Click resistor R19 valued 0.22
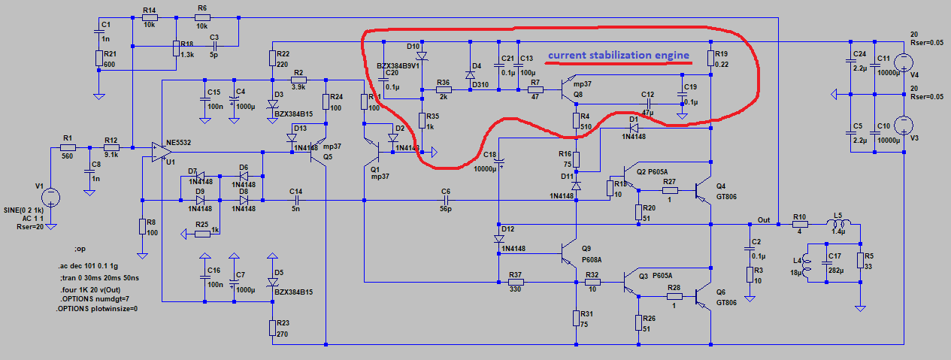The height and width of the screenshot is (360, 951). (710, 59)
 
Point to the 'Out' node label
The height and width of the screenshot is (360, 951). (764, 219)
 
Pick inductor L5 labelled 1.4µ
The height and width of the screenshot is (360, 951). (840, 224)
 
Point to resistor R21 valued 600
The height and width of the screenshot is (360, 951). (98, 59)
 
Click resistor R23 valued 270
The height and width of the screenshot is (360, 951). (271, 327)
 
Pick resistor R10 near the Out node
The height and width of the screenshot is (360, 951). (799, 224)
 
